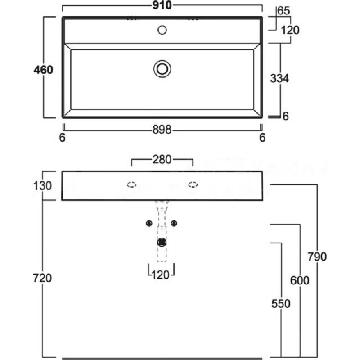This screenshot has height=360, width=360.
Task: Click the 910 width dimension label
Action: [162, 6]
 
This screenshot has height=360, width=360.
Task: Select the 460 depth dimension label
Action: [44, 70]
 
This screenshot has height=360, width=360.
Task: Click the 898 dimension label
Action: [162, 130]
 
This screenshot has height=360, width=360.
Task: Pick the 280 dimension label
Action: [162, 159]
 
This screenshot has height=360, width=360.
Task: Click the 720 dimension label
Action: [43, 278]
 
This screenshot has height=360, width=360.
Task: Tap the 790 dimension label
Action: [317, 257]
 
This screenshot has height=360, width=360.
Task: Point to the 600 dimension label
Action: [300, 281]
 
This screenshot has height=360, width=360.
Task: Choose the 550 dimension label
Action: [281, 304]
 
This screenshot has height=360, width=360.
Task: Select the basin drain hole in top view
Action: [162, 69]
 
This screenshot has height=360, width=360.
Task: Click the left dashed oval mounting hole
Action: [131, 184]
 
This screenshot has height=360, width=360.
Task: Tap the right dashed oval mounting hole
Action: [193, 184]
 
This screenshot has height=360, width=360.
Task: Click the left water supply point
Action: [148, 223]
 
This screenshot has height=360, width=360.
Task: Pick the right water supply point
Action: [176, 223]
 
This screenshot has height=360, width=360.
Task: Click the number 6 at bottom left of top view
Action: [63, 137]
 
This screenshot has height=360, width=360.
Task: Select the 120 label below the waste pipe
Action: [162, 274]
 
